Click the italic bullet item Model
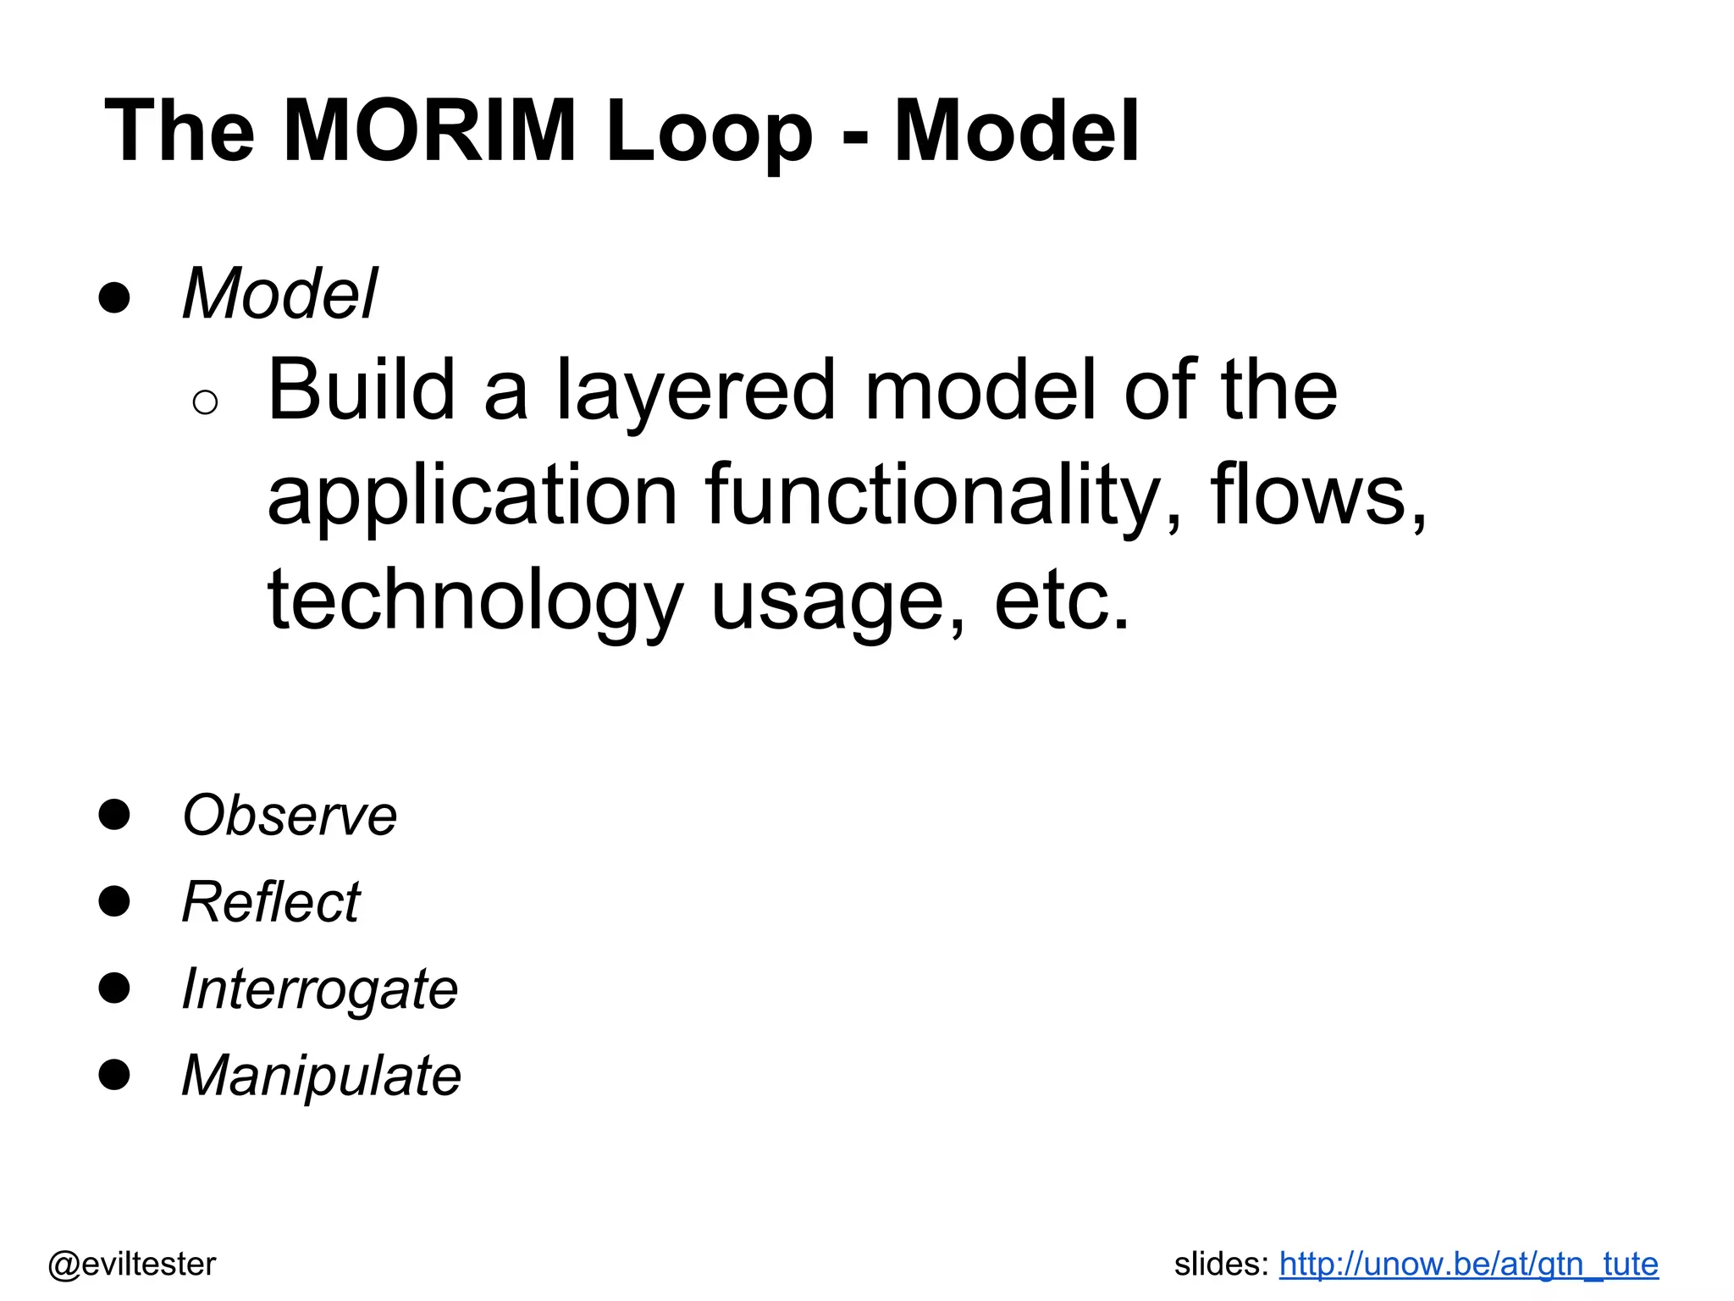279,294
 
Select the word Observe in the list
290,816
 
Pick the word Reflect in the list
271,902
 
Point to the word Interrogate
320,989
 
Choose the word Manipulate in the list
322,1076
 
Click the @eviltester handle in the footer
132,1264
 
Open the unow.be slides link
1468,1264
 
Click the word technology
475,601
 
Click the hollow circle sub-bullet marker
205,402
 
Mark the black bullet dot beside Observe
114,814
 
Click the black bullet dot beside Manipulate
114,1074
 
